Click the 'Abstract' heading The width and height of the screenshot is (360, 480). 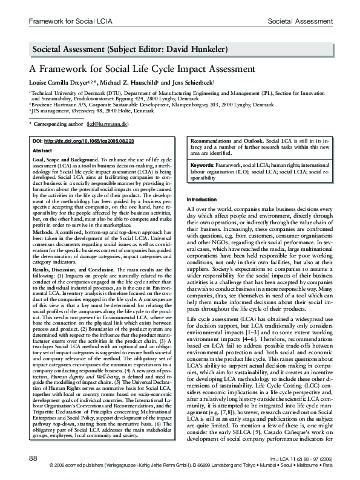point(41,149)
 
